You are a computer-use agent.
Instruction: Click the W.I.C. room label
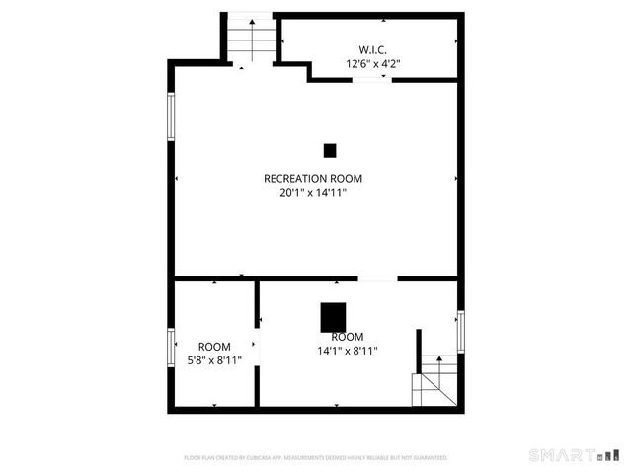coord(372,49)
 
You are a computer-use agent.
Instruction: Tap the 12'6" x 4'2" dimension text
coord(372,63)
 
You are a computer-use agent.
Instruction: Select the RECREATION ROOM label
coord(313,179)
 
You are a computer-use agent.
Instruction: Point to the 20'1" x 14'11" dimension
coord(313,193)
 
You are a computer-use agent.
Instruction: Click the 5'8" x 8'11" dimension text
coord(214,360)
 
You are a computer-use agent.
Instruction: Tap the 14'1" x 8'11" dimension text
coord(348,350)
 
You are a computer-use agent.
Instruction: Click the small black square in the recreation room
coord(330,150)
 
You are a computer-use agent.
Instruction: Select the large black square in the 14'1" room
coord(334,317)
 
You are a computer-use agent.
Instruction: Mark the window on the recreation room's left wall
coord(171,116)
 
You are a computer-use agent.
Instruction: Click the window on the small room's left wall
coord(171,349)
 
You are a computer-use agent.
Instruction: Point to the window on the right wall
coord(460,331)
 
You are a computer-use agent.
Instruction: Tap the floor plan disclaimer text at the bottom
coord(316,458)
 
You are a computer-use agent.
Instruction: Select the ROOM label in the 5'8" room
coord(214,347)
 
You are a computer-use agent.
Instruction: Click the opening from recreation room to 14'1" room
coord(377,279)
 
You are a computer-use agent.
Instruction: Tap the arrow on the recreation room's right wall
coord(456,179)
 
